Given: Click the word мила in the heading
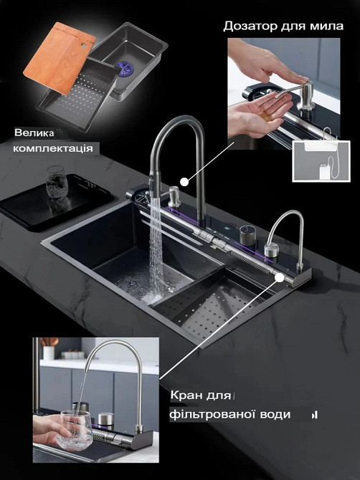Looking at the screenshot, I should pos(329,26).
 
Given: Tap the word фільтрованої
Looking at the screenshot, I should pos(215,414).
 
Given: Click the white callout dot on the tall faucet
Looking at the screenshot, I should pos(185,181).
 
